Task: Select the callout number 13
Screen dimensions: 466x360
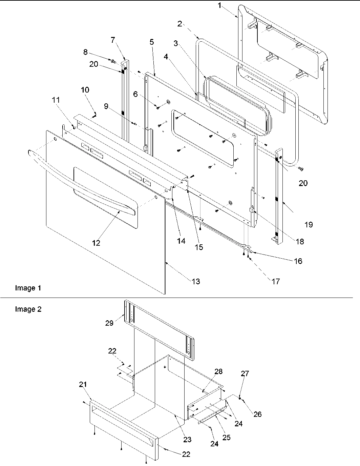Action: [x=196, y=281]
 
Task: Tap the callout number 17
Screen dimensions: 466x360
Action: [x=276, y=281]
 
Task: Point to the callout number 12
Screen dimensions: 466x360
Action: [x=96, y=243]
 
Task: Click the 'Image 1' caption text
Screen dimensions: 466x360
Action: [x=28, y=288]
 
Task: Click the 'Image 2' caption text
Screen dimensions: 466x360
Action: [x=28, y=309]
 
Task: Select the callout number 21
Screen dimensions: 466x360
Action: [x=83, y=384]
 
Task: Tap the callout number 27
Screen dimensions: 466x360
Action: [x=245, y=373]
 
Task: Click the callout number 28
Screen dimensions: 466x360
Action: [x=218, y=371]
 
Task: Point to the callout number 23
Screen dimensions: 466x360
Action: [x=187, y=439]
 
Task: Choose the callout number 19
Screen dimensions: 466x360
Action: [x=309, y=224]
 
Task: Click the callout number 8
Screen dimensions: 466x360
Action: [x=85, y=52]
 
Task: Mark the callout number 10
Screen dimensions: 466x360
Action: [x=85, y=90]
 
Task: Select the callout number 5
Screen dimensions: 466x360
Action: [x=151, y=42]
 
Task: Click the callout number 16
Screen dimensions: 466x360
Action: [x=298, y=261]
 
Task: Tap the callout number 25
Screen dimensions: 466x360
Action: [x=226, y=437]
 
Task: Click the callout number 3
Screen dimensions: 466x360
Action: [x=175, y=43]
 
